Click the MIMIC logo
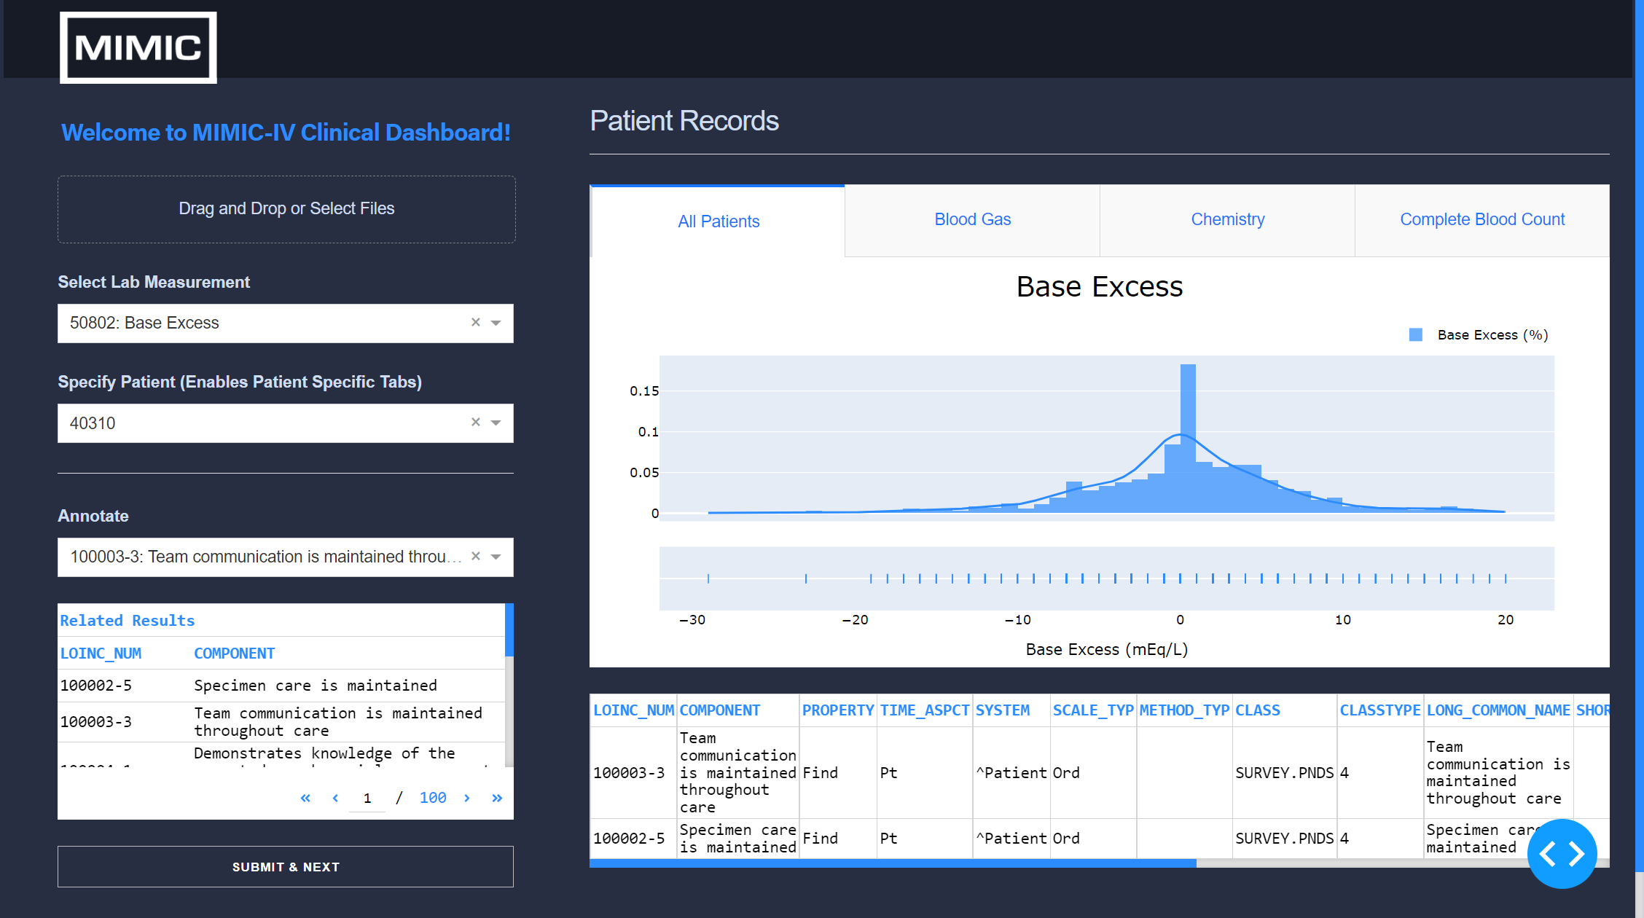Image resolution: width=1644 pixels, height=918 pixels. click(138, 48)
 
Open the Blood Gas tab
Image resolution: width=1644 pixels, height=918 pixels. click(972, 219)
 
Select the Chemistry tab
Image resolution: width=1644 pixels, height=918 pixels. click(1227, 219)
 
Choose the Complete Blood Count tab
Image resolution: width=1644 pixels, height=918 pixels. click(1481, 219)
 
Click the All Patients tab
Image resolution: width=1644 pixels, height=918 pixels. click(718, 221)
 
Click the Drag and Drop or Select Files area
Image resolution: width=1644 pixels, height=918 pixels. click(286, 209)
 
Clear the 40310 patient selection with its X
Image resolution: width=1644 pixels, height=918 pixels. click(476, 422)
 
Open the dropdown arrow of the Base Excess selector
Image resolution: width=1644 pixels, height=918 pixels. click(496, 323)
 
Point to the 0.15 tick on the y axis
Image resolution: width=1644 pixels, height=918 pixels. click(644, 391)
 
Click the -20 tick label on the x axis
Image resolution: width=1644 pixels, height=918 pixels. click(855, 620)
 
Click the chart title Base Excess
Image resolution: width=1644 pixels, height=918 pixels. click(1099, 287)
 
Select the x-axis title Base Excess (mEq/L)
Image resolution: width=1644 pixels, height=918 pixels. click(1106, 649)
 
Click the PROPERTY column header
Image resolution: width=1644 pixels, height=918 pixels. click(837, 710)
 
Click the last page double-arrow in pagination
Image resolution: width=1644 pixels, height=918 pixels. click(497, 798)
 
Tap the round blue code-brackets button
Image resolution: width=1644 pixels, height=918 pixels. click(1562, 854)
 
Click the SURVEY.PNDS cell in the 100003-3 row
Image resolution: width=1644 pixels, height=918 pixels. click(1284, 773)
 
